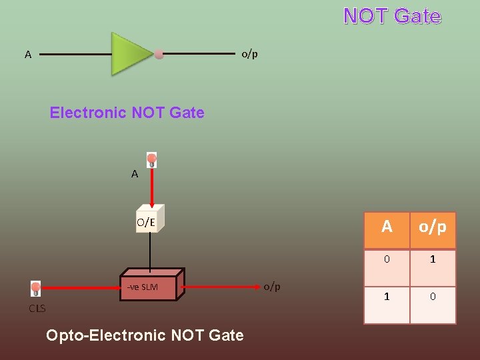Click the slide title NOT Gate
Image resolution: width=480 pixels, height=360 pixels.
(392, 16)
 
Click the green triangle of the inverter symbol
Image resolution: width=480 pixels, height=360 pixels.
(129, 53)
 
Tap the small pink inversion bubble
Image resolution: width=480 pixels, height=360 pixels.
(159, 54)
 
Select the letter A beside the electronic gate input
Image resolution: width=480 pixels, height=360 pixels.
(28, 55)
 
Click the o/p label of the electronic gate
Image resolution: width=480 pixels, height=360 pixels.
(249, 54)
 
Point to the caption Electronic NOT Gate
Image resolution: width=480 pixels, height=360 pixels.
(127, 113)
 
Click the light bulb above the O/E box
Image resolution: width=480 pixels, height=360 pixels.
(152, 160)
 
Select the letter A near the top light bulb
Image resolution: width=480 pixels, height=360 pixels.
(135, 174)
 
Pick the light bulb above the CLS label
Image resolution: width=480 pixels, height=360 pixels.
(36, 288)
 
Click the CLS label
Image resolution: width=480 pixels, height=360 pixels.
(37, 308)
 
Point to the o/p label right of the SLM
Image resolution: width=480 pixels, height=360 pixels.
(272, 287)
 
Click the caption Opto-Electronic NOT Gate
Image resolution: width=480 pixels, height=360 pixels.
(145, 335)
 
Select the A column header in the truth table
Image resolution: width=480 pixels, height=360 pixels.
(387, 228)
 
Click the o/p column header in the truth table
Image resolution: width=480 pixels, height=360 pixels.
(432, 228)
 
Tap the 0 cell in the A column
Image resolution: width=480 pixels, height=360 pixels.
(387, 259)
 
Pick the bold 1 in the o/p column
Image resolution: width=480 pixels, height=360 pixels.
(432, 259)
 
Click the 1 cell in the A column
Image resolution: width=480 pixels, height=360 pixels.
(387, 296)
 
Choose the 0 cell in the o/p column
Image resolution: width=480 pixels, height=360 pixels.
(432, 296)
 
